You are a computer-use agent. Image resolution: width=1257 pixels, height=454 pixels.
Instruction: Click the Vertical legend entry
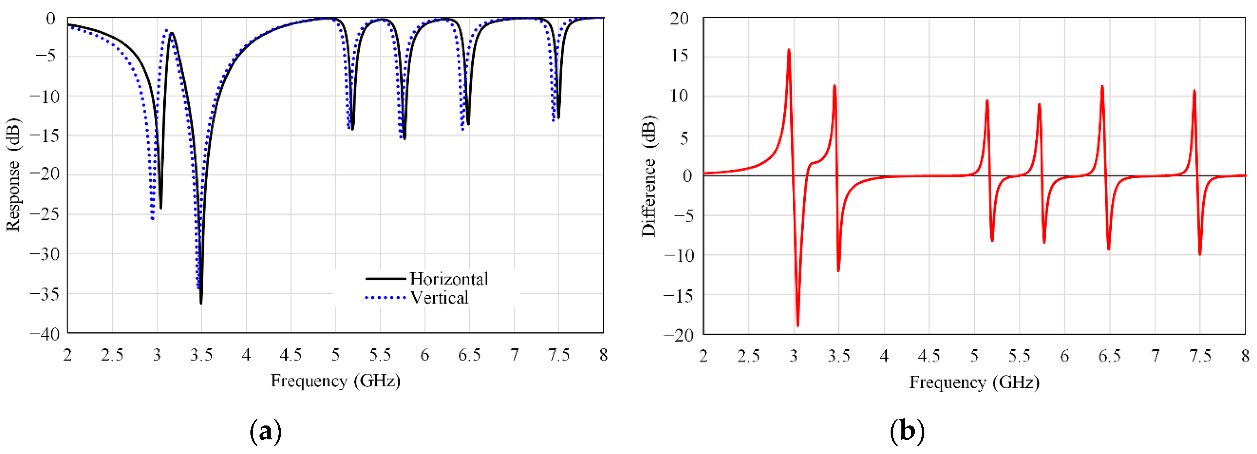click(439, 297)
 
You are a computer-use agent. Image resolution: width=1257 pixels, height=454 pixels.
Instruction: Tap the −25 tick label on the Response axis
click(45, 214)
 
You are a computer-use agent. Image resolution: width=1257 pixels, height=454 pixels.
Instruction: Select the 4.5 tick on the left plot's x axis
click(290, 355)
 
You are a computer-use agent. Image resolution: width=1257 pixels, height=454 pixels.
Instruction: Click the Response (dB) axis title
click(13, 174)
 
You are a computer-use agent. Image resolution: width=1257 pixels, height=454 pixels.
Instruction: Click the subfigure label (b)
click(907, 431)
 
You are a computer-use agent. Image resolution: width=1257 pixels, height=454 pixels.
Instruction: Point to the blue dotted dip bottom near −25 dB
click(152, 218)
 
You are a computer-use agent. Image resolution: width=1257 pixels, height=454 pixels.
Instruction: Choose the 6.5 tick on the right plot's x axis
click(1109, 357)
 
